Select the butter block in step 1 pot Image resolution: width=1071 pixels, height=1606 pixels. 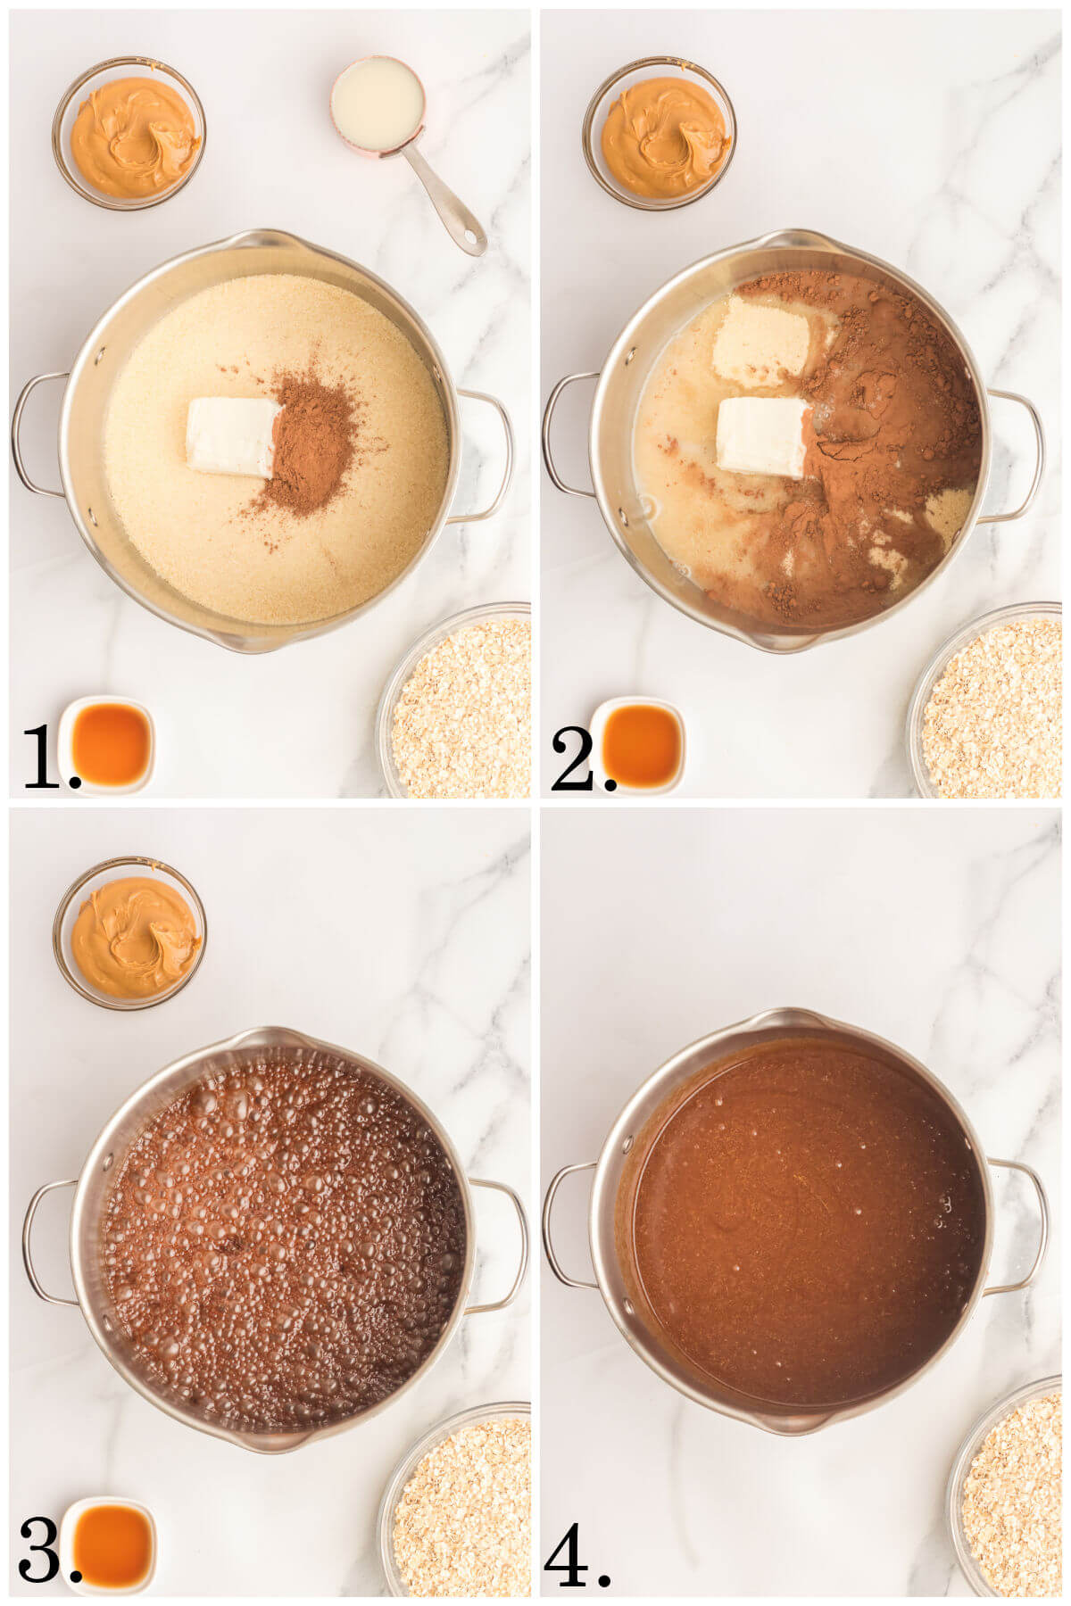[x=233, y=437]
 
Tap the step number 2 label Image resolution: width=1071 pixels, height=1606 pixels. [x=577, y=758]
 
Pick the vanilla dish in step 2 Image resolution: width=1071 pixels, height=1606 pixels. [x=641, y=743]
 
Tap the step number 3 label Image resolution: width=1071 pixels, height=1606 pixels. [x=41, y=1552]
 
